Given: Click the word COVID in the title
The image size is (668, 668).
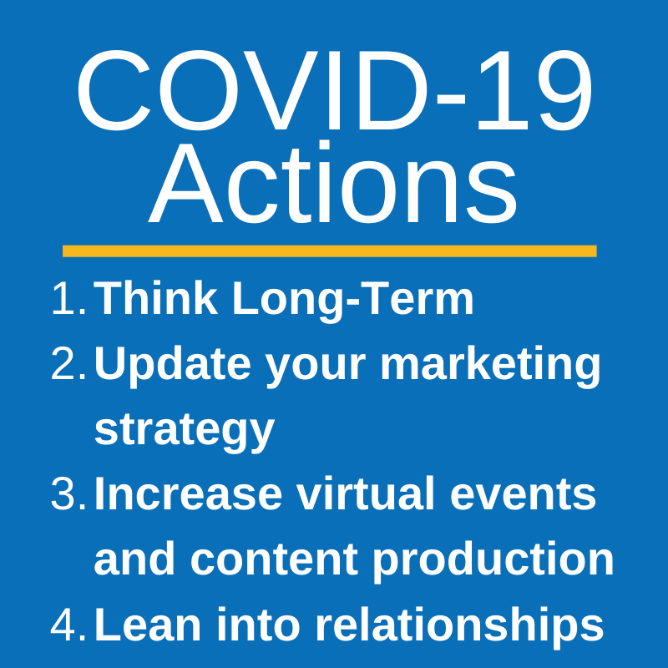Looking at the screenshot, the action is (252, 90).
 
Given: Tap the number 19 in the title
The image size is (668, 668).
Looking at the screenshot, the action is (535, 90).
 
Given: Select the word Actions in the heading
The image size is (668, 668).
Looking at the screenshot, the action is (333, 182).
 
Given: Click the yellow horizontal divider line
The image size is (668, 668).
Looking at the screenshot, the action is (329, 251).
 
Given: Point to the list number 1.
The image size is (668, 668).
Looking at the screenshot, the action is (69, 299).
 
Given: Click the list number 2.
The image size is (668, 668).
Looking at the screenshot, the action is (69, 363).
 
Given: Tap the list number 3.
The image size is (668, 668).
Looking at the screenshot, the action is (69, 493).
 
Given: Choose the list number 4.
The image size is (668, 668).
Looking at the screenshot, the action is (68, 625).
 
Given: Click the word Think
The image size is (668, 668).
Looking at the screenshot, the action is (155, 298).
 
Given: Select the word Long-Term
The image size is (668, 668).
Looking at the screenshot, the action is (352, 301).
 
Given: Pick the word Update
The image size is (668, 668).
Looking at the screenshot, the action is (172, 365).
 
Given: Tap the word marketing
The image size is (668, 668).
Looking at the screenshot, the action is (490, 365).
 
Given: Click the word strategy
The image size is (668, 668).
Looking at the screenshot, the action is (184, 431).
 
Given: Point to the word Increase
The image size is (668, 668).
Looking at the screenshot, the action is (188, 493).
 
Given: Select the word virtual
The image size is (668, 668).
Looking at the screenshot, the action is (366, 493).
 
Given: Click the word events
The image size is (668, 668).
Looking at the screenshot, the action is (523, 495).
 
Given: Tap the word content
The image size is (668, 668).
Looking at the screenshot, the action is (274, 559).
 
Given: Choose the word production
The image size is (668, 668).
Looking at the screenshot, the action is (493, 561).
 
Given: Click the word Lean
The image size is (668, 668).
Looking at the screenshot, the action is (148, 625).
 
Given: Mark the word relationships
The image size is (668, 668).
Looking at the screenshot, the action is (460, 627).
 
